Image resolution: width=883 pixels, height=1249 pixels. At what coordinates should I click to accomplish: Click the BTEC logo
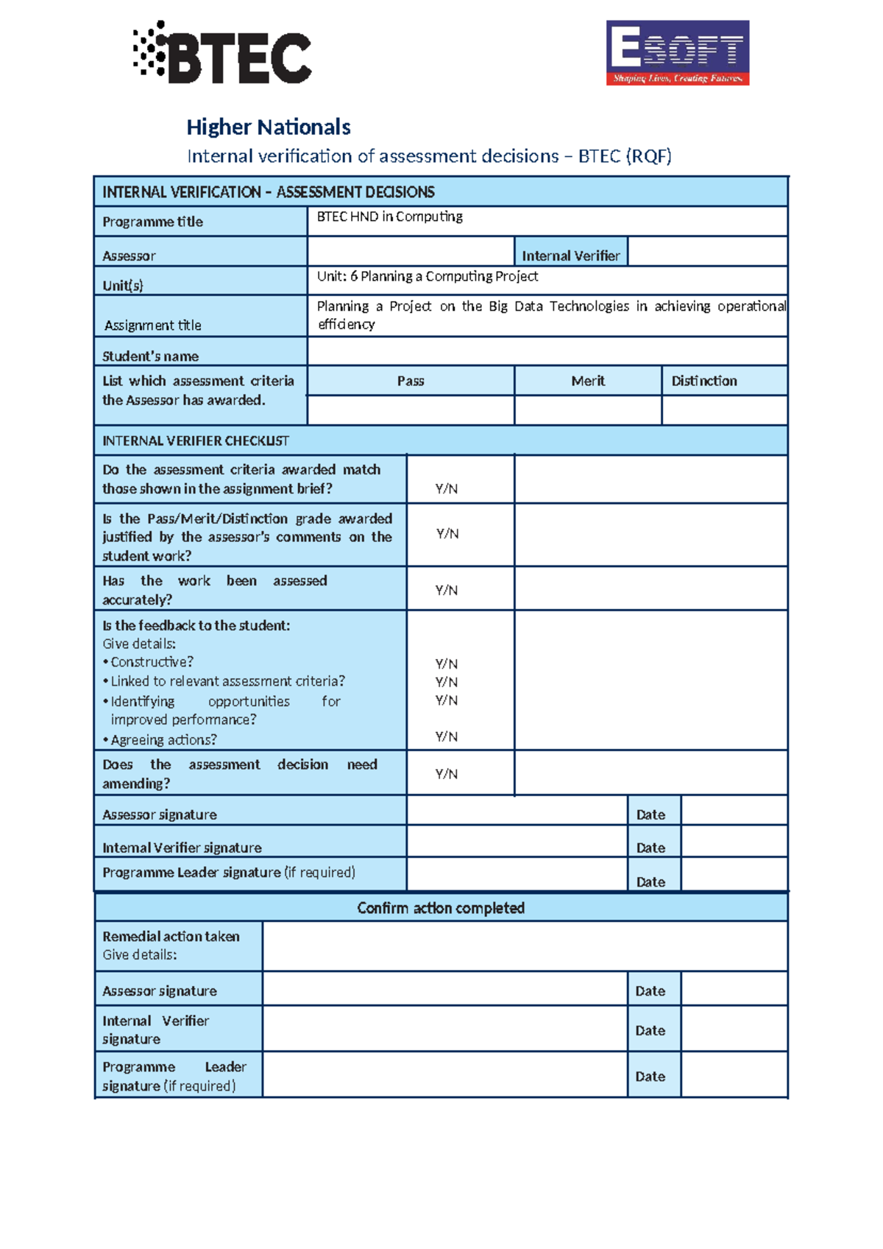[222, 53]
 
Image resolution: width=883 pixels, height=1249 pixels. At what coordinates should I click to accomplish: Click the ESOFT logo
[677, 53]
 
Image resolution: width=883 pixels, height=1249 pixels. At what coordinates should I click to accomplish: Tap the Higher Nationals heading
[268, 127]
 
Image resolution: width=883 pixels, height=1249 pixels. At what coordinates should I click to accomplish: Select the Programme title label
[152, 222]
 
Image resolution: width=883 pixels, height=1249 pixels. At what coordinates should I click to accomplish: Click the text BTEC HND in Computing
[389, 217]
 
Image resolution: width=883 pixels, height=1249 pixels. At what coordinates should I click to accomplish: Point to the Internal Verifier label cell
[570, 256]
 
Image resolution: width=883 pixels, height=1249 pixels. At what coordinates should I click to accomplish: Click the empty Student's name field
[547, 352]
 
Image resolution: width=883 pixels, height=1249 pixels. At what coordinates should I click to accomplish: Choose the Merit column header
[587, 381]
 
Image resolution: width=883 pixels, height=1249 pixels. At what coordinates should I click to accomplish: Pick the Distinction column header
[703, 381]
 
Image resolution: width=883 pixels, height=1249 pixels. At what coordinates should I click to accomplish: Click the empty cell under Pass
[410, 410]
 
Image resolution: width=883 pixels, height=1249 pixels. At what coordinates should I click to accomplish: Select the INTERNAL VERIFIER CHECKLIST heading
[196, 441]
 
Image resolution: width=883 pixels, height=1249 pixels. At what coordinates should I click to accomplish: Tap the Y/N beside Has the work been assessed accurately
[446, 590]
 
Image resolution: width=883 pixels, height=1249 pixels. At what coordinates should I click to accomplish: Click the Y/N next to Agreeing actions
[446, 736]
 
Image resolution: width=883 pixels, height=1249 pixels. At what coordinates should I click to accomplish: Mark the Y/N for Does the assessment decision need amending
[446, 774]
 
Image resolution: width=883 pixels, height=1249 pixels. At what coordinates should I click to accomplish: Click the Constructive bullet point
[151, 662]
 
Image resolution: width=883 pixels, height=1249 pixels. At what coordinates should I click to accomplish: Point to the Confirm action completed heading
[440, 908]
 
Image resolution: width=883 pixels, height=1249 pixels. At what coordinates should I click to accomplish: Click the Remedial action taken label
[171, 937]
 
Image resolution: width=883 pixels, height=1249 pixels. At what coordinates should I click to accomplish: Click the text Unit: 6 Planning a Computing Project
[427, 276]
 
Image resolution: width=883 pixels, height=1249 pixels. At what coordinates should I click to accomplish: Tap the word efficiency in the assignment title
[346, 325]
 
